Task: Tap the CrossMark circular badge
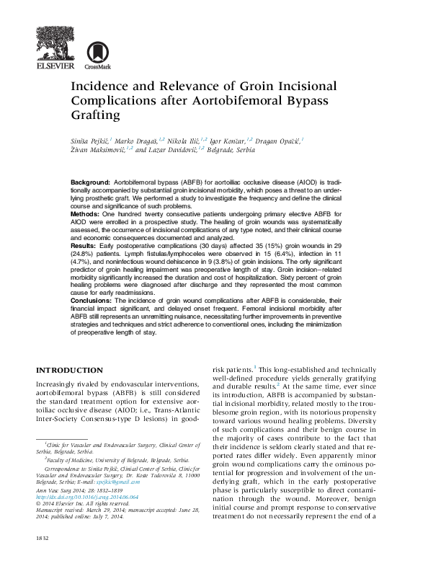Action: tap(93, 52)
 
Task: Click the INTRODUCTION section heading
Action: tap(70, 369)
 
